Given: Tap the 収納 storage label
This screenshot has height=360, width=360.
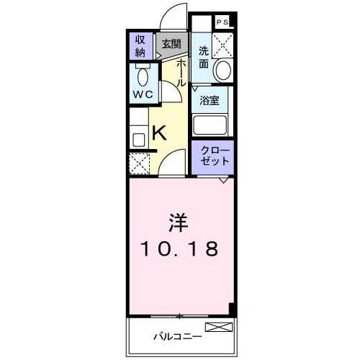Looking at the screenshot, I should [139, 46].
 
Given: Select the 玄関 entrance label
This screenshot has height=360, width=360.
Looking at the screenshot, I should [171, 45].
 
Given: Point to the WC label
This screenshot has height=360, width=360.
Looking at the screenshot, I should [141, 94].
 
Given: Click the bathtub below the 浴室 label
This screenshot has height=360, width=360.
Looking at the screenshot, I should [212, 126].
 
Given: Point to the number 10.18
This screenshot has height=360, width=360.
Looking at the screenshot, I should [179, 250].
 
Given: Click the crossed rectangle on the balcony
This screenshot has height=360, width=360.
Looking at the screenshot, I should [219, 327].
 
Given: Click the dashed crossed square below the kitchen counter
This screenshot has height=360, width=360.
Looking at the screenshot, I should [139, 163].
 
